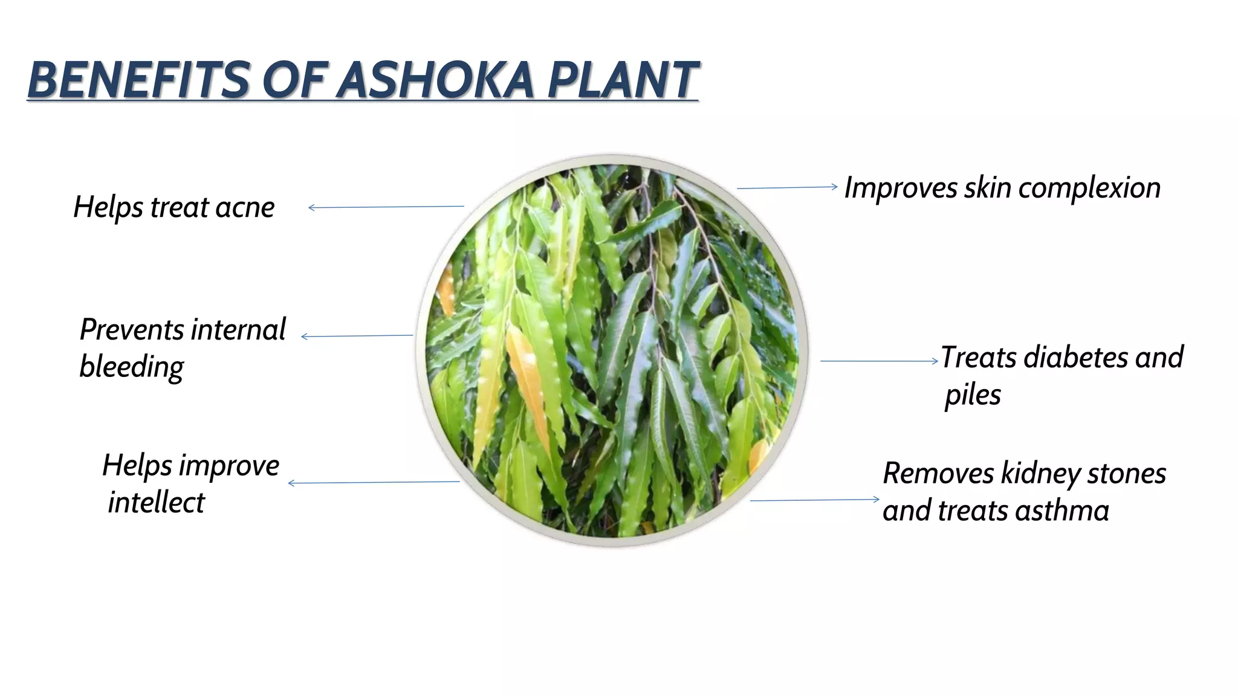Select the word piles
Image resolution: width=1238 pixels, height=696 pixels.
pyautogui.click(x=973, y=395)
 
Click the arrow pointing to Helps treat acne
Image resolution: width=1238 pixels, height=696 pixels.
pyautogui.click(x=386, y=207)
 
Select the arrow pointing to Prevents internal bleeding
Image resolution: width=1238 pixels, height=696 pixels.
pyautogui.click(x=357, y=336)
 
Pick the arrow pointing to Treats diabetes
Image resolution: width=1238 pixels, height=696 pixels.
pyautogui.click(x=879, y=361)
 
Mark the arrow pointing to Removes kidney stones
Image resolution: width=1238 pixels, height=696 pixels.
pyautogui.click(x=815, y=500)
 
